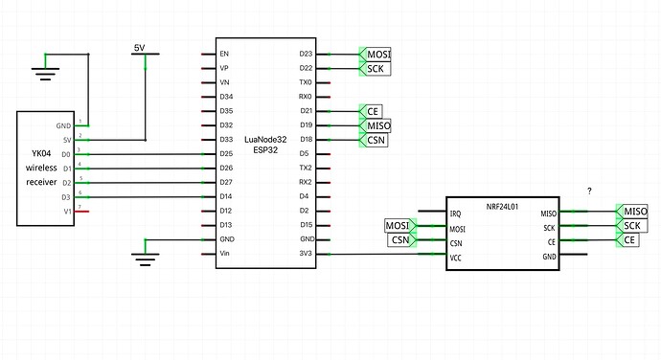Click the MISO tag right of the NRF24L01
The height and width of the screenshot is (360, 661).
[x=634, y=212]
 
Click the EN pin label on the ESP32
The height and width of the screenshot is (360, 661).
[x=224, y=55]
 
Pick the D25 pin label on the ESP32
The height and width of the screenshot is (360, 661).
[x=226, y=154]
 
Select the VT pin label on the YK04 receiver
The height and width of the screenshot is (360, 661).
[x=67, y=211]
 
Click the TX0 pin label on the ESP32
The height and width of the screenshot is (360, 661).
[x=306, y=83]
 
